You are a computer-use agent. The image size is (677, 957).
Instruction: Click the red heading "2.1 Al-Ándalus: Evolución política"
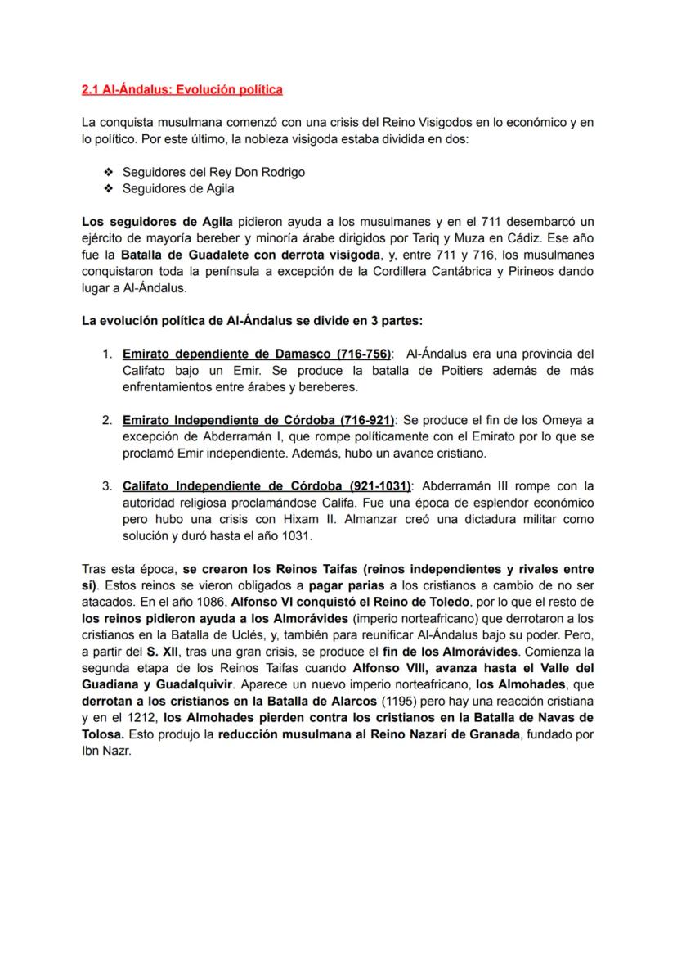[182, 88]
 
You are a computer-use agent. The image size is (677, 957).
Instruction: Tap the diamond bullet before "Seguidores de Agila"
[108, 188]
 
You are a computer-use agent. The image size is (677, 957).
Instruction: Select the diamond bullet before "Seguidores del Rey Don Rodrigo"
[108, 172]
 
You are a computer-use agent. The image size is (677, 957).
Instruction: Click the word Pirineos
[532, 271]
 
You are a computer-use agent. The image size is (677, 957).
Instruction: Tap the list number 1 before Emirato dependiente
[106, 354]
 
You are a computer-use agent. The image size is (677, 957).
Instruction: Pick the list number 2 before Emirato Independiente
[106, 420]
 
